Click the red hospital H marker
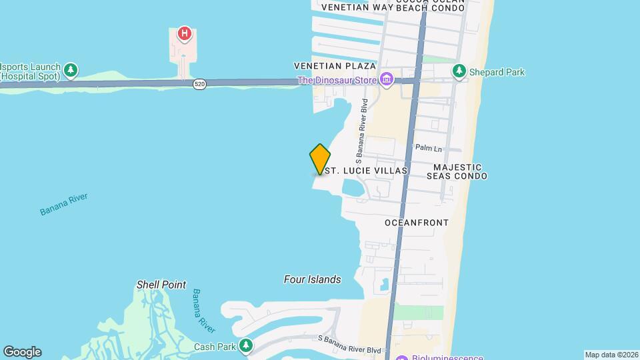(185, 33)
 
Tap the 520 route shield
(199, 84)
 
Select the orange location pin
(320, 159)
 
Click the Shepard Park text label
(497, 72)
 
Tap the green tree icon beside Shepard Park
(459, 71)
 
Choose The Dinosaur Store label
(337, 81)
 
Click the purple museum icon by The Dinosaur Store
(387, 81)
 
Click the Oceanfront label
(417, 222)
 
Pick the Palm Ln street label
(429, 148)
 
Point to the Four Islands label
(312, 280)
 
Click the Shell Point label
(161, 285)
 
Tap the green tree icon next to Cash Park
(247, 345)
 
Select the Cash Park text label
(215, 347)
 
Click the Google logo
(21, 351)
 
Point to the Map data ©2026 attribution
(611, 355)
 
